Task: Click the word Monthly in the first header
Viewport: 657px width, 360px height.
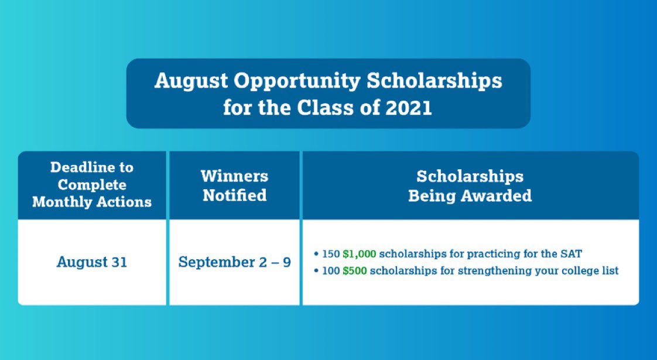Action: (63, 203)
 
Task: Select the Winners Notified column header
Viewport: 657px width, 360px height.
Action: (234, 186)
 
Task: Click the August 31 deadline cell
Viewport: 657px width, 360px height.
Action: (92, 262)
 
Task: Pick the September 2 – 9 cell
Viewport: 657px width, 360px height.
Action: (234, 262)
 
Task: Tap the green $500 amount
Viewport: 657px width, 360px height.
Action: (354, 271)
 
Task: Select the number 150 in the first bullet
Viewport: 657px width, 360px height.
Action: (331, 254)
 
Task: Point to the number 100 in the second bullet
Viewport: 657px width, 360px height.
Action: (331, 271)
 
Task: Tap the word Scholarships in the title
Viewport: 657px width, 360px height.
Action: (434, 81)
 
